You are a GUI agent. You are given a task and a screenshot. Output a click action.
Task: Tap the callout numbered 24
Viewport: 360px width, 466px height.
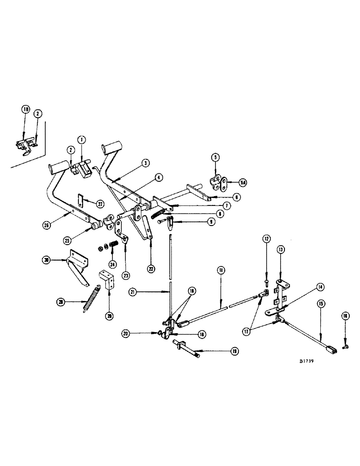pos(112,263)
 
